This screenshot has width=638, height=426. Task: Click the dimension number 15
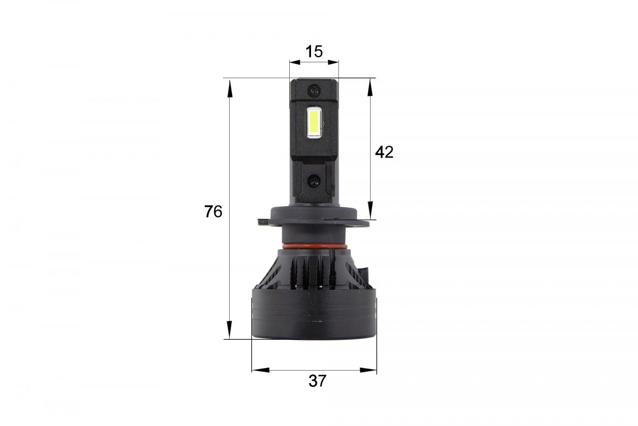coord(314,52)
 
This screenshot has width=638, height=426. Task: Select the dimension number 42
coord(384,152)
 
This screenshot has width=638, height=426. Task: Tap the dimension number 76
coord(213,211)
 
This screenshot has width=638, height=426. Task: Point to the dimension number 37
coord(317,381)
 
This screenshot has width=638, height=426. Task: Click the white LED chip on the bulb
coord(314,122)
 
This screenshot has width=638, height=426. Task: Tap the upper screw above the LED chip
coord(315,91)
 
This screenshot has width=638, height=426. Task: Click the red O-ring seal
coord(314,247)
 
